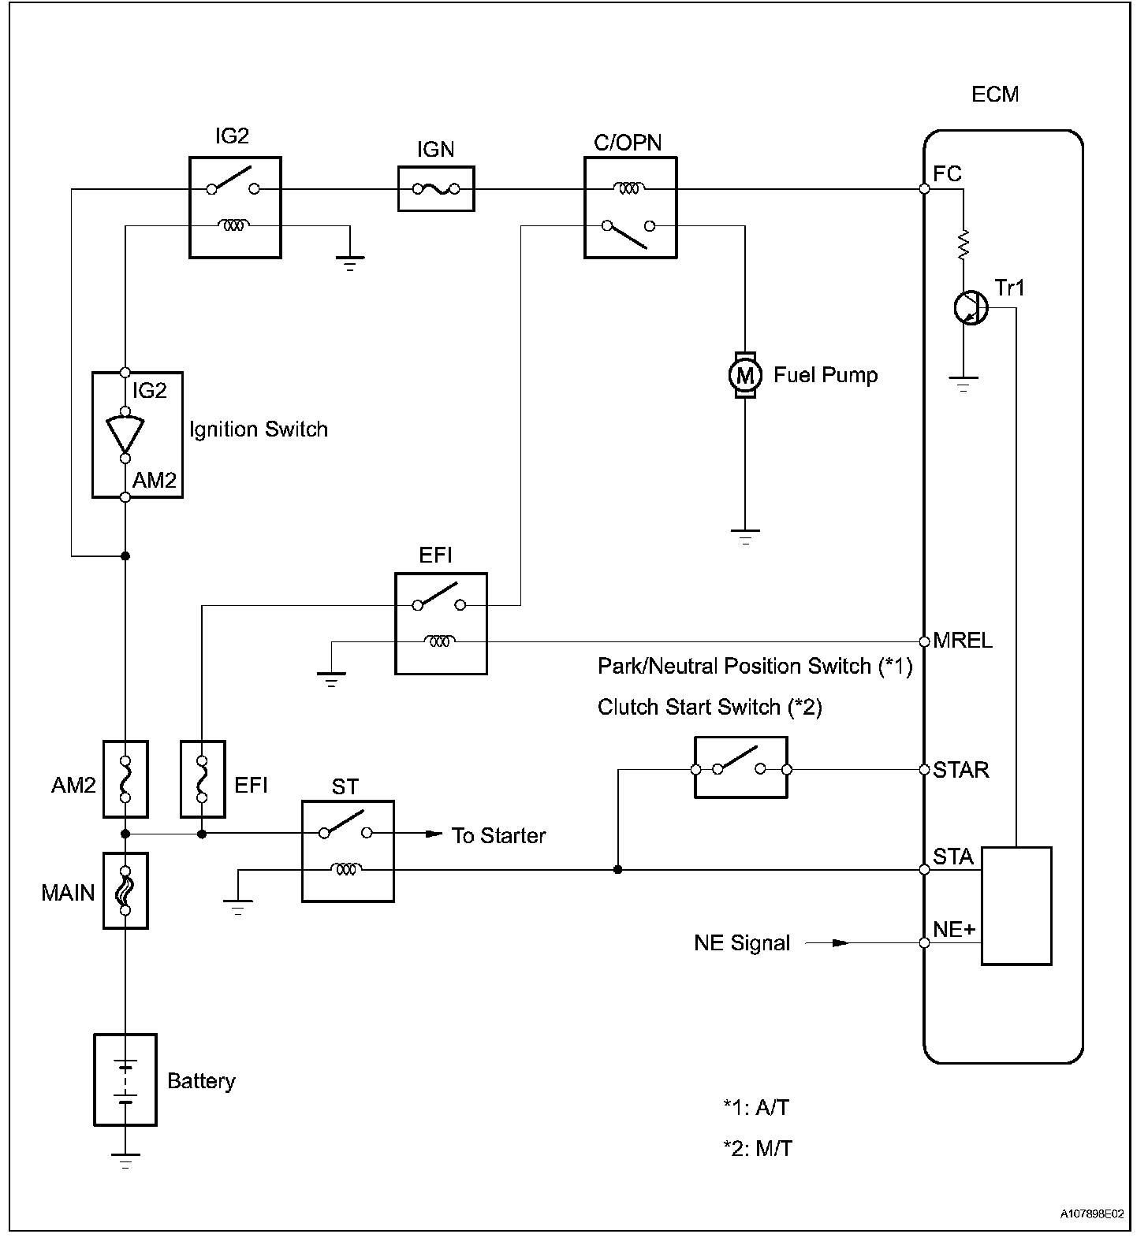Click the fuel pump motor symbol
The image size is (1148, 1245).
745,375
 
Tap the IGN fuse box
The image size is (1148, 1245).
436,188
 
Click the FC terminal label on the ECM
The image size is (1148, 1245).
948,173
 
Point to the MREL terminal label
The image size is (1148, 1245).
962,641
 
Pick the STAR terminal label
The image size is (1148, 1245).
960,770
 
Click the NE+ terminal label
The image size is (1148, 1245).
954,930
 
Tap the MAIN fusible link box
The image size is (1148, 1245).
125,890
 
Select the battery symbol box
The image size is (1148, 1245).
125,1080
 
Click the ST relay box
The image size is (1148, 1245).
348,851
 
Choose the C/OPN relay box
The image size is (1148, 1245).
630,207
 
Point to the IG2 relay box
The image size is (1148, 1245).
235,207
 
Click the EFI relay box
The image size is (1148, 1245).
441,623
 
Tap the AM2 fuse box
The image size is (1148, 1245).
125,779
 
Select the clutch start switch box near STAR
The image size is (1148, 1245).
740,768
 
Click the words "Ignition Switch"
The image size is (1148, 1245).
258,429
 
